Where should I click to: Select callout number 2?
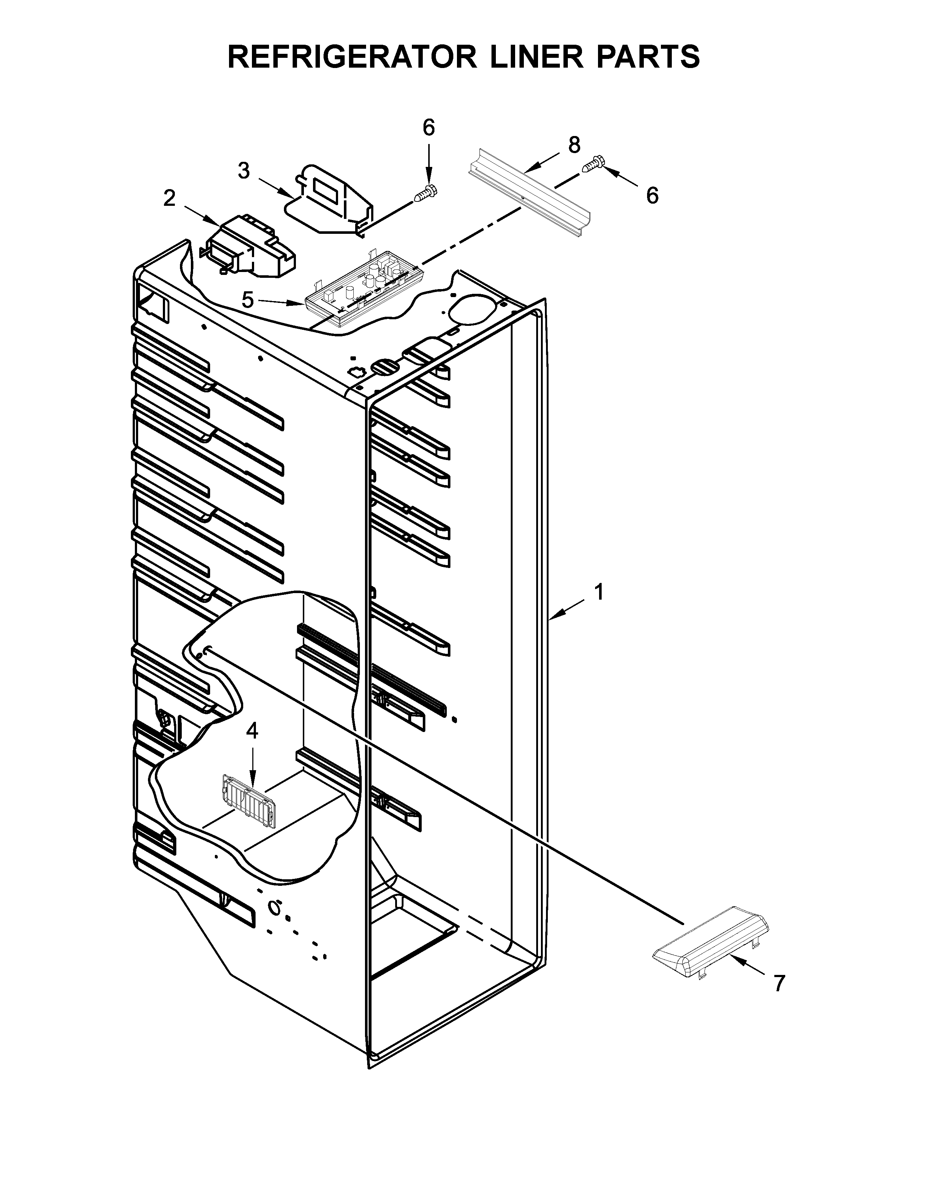(x=170, y=198)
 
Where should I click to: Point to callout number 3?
(x=244, y=171)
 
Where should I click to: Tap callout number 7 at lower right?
(x=779, y=983)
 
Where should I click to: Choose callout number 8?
(x=574, y=145)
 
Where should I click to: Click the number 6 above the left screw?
(x=429, y=128)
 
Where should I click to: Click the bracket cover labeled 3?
(x=329, y=201)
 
